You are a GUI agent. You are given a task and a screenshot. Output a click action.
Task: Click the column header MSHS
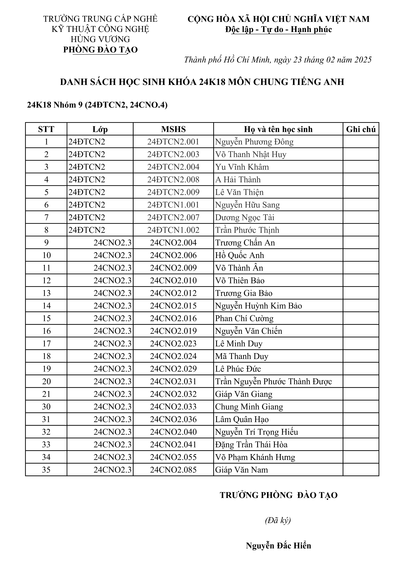click(173, 129)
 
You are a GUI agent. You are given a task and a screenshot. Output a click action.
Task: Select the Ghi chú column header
click(361, 129)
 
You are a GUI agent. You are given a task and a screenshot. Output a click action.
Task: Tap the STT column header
click(46, 129)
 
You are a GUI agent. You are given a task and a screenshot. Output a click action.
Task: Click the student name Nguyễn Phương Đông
click(254, 142)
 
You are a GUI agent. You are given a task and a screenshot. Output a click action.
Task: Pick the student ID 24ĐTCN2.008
click(173, 180)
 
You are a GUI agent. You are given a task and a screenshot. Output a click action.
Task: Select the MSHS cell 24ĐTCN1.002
click(173, 230)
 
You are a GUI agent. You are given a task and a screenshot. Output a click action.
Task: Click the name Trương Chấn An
click(245, 243)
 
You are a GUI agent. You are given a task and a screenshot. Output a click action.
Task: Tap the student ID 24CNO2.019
click(173, 331)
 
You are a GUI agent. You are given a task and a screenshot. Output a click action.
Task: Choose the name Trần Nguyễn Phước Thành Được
click(273, 381)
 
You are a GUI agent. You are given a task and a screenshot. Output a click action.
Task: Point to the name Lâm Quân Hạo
click(242, 419)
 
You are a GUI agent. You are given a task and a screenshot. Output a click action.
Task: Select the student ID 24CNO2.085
click(173, 469)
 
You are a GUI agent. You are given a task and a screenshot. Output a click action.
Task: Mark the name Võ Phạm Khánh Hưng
click(255, 457)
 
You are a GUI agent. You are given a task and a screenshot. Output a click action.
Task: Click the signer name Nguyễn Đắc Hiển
click(278, 546)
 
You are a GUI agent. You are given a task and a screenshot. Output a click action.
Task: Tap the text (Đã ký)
click(278, 520)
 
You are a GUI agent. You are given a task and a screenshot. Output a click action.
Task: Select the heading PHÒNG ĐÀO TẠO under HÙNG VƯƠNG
click(100, 50)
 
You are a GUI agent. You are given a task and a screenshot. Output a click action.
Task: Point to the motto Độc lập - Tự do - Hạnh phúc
click(278, 29)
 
